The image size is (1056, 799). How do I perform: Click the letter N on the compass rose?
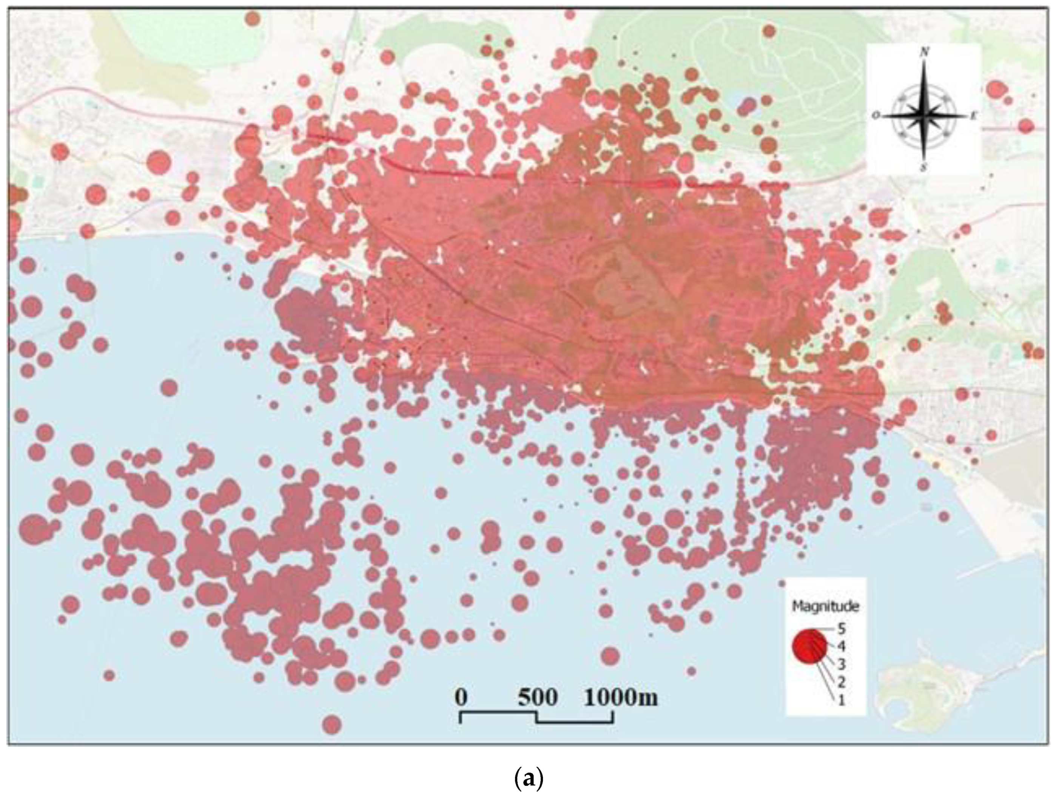click(x=924, y=53)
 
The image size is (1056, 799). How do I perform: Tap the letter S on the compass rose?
click(x=924, y=167)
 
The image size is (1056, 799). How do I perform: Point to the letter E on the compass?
click(x=973, y=116)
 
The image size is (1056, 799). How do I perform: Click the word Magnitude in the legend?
click(x=825, y=607)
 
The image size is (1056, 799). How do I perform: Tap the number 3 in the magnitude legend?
click(x=841, y=664)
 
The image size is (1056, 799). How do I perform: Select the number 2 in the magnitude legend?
click(x=841, y=682)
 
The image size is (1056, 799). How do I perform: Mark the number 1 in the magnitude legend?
click(x=841, y=700)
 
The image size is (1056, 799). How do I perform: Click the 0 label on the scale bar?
click(x=461, y=697)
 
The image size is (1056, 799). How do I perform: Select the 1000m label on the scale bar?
click(x=621, y=697)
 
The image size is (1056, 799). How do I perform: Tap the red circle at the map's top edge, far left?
click(x=253, y=18)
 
